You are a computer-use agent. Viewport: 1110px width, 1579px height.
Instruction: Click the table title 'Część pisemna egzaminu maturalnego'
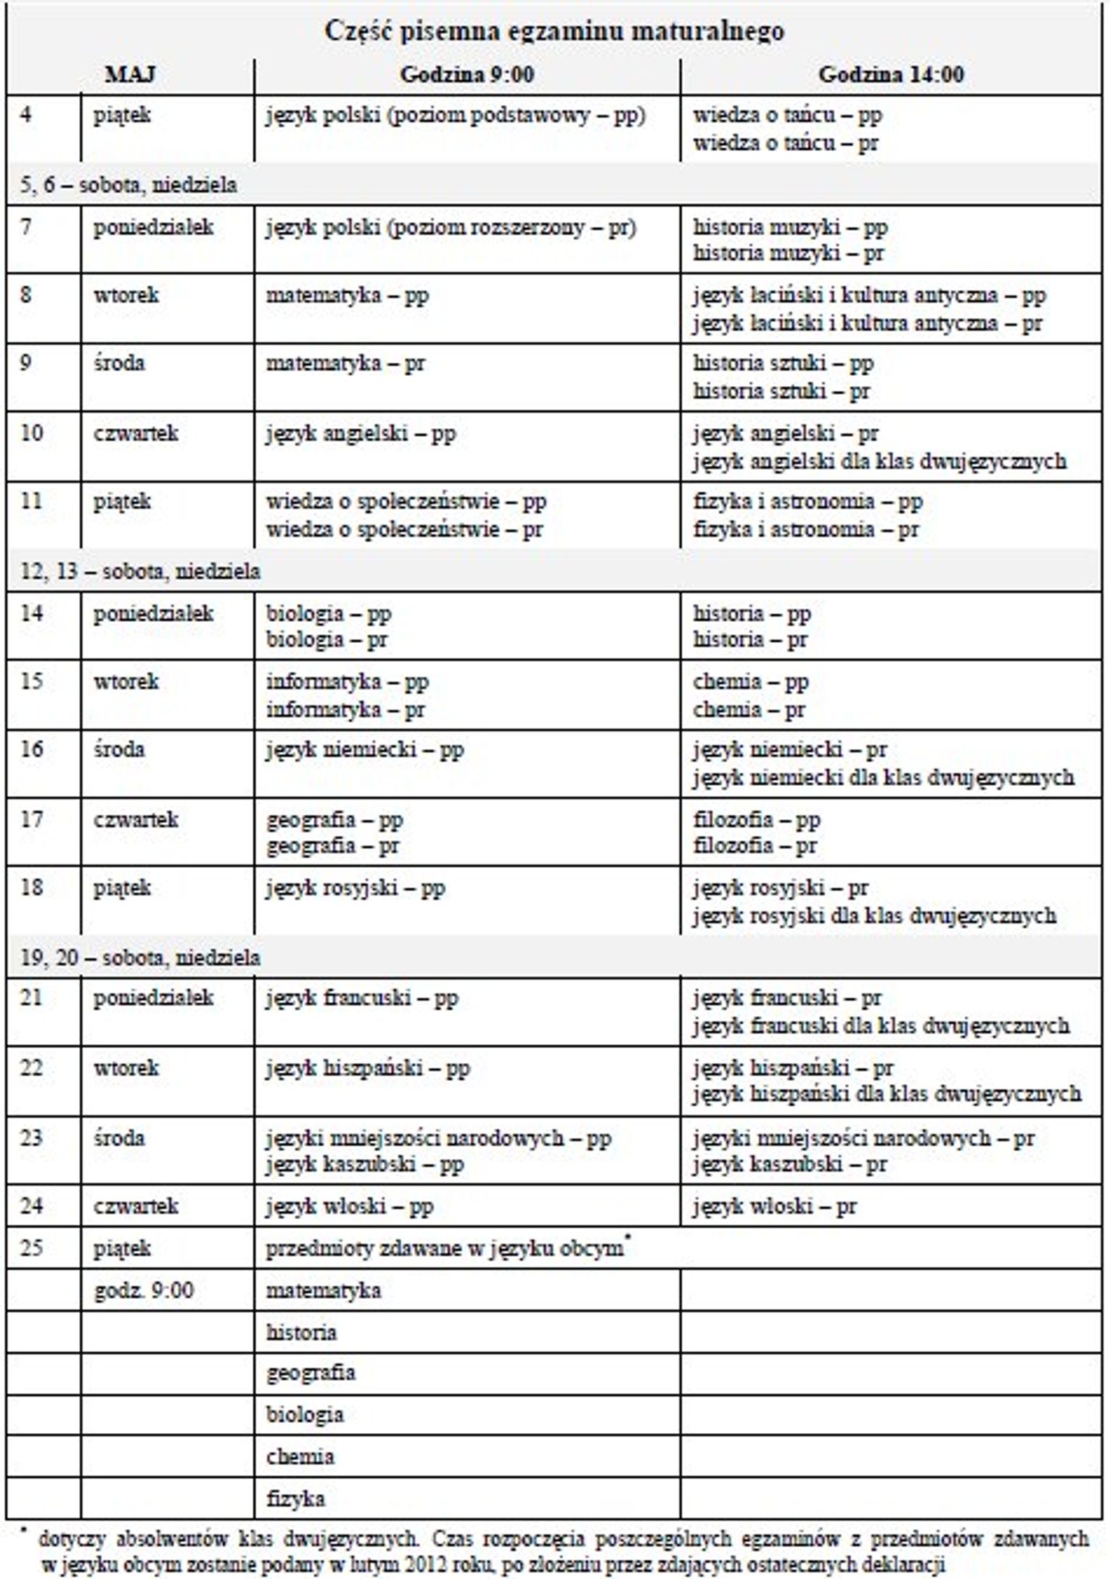point(554,31)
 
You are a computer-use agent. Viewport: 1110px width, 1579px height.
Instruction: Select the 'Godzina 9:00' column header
point(466,74)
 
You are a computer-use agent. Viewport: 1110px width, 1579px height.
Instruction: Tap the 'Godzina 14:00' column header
point(891,74)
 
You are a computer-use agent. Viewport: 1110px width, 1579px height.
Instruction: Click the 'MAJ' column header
point(130,74)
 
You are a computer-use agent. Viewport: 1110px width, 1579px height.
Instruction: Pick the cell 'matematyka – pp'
point(347,295)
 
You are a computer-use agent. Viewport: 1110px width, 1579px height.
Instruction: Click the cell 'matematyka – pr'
point(345,363)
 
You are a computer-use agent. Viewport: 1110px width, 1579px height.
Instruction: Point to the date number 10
point(31,433)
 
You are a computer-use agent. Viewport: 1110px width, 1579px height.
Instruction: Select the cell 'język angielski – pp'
point(361,434)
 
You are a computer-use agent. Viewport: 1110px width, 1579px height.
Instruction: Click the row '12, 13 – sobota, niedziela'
point(140,571)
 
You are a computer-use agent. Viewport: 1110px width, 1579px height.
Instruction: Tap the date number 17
point(31,819)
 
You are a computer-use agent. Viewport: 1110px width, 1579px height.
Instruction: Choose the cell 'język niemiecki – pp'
point(364,750)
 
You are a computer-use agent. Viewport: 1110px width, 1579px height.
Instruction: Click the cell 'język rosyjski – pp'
point(355,887)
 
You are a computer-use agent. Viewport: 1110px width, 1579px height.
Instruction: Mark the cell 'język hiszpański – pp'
point(368,1067)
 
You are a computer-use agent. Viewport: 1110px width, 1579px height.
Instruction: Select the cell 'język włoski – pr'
point(774,1206)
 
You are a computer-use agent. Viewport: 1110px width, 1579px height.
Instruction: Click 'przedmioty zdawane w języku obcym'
point(444,1248)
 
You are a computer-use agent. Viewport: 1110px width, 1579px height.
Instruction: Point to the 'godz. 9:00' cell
point(144,1290)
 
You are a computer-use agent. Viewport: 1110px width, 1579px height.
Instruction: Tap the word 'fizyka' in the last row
point(295,1498)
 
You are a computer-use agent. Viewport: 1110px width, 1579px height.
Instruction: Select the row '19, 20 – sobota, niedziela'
point(140,957)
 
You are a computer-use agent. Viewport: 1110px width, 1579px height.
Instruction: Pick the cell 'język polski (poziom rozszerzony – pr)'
point(451,228)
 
